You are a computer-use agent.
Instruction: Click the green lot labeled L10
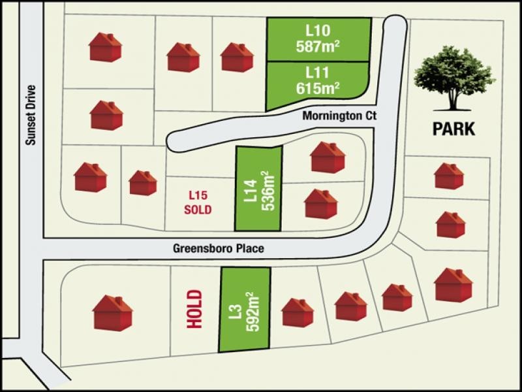click(x=318, y=39)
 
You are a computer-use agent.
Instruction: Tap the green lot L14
click(x=258, y=188)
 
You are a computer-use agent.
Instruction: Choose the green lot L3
click(x=244, y=310)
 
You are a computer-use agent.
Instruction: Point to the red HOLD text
click(x=193, y=309)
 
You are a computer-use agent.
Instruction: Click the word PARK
click(x=454, y=129)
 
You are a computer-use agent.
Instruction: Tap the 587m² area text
click(x=318, y=46)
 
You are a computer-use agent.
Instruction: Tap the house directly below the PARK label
click(x=449, y=176)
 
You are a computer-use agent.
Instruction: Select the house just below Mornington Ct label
click(x=328, y=157)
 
